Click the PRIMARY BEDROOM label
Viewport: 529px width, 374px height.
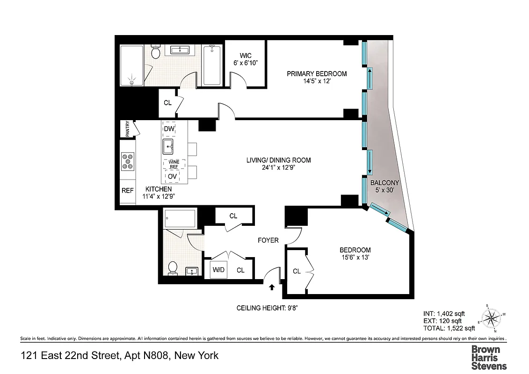[317, 74]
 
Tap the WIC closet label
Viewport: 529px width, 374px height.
[246, 56]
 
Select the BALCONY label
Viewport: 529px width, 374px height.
[384, 183]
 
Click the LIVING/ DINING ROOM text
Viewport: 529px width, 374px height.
[278, 160]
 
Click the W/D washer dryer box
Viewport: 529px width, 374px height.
[218, 270]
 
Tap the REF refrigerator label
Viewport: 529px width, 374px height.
[127, 191]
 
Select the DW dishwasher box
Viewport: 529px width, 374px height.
[169, 128]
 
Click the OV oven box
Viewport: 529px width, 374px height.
[173, 176]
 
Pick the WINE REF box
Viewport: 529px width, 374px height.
[174, 164]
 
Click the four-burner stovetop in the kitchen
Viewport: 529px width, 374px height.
[127, 161]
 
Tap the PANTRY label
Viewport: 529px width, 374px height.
[127, 129]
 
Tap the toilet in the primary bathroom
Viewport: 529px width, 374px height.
[156, 53]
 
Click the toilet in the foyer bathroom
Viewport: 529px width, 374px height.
[173, 267]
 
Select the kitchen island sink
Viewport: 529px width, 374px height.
[169, 147]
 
